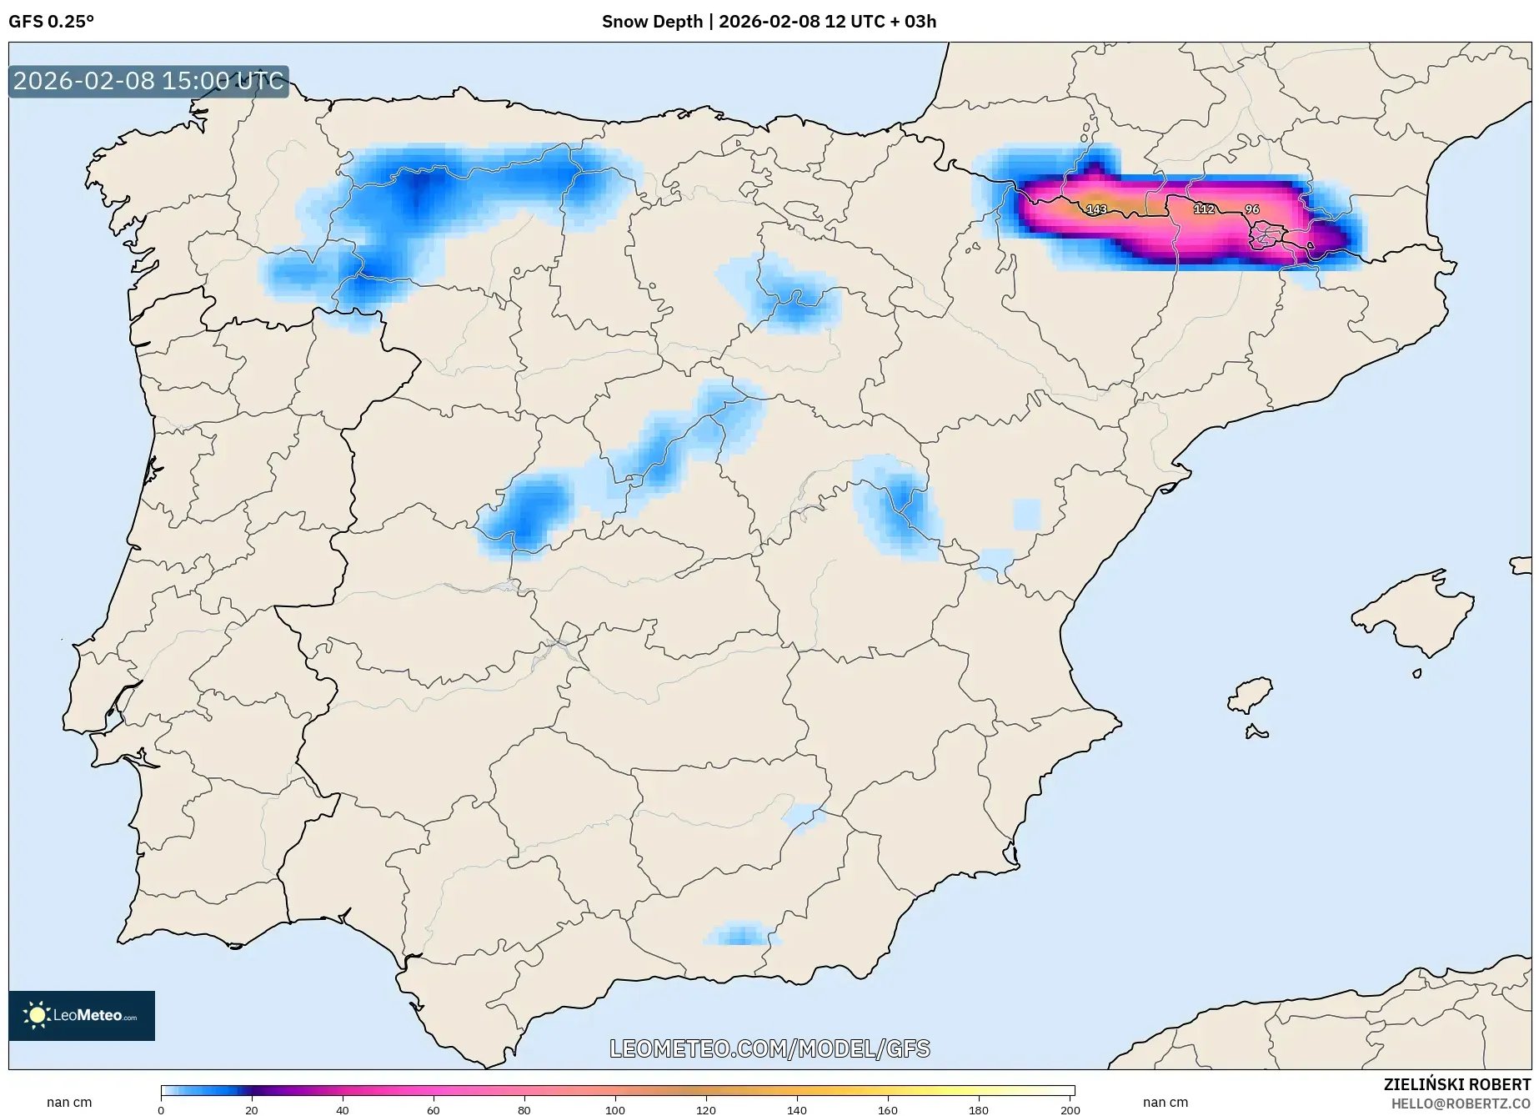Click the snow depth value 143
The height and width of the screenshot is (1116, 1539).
point(1096,209)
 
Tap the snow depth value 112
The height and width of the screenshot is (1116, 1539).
point(1204,209)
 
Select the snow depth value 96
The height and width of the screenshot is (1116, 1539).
point(1251,209)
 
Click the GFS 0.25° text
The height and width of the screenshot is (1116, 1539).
point(52,22)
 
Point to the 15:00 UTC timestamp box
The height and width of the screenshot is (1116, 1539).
point(148,82)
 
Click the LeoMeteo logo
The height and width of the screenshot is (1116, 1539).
point(82,1015)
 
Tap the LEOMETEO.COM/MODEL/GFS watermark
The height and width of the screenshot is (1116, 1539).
point(769,1048)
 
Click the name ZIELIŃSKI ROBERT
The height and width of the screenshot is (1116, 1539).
point(1456,1085)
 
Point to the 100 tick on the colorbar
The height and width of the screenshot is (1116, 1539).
point(615,1109)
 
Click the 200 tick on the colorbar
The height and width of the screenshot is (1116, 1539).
point(1070,1109)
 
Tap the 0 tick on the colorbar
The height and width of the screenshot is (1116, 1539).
point(161,1109)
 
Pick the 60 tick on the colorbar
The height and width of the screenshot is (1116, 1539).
point(434,1109)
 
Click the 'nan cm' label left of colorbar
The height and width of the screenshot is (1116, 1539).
point(69,1103)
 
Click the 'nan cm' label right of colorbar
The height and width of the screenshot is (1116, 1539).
point(1165,1103)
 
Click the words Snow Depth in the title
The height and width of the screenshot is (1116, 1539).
point(652,22)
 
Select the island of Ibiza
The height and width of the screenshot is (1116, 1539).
point(1251,695)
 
